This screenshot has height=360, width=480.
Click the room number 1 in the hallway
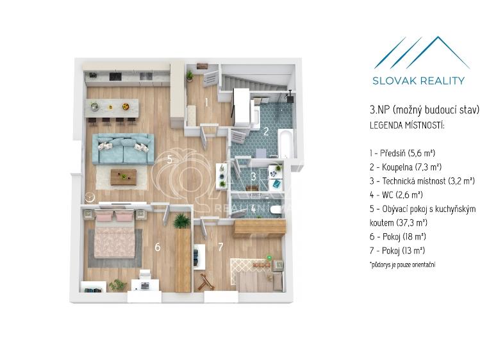206,102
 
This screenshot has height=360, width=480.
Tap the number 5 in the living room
170,160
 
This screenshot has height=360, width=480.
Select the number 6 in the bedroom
158,247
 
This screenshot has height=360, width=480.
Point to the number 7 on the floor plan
220,247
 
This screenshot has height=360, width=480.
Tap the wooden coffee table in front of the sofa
124,177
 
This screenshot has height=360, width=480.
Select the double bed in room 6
115,233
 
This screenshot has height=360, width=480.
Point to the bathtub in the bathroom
286,143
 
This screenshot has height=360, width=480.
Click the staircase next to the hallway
256,81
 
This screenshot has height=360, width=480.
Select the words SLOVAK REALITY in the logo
418,81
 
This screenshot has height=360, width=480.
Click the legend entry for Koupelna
405,167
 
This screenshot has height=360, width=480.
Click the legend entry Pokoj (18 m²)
398,236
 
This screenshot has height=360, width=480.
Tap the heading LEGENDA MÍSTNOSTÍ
407,126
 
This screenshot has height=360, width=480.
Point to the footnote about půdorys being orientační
402,265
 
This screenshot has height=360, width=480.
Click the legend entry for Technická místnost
422,181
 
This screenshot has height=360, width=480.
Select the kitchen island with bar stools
112,111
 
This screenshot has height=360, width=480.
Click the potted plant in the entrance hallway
190,75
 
